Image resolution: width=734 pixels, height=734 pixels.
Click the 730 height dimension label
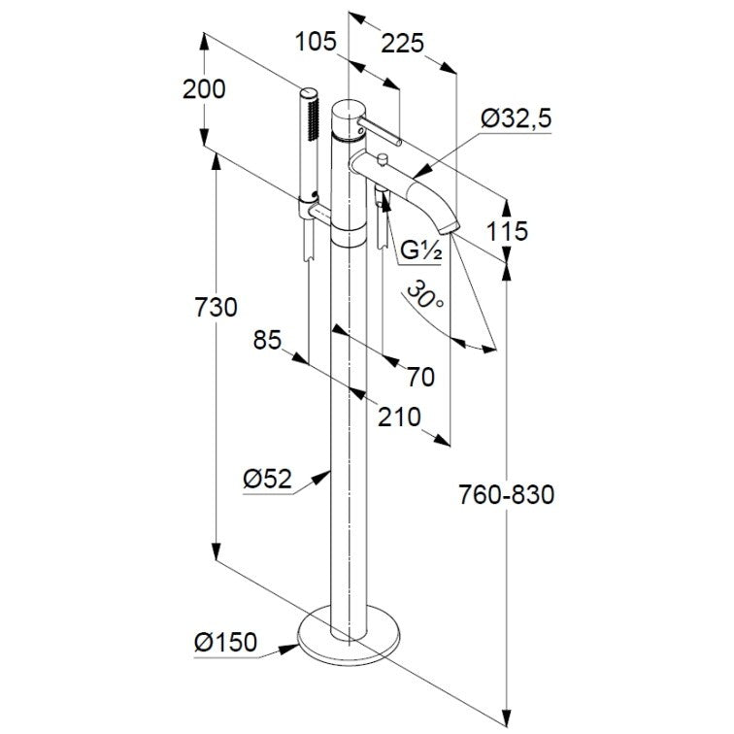coord(216,308)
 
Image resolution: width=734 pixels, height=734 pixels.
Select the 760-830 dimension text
coord(506,494)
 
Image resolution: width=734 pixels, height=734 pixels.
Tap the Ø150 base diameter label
coord(225,642)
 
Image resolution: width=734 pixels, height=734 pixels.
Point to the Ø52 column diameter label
coord(267,479)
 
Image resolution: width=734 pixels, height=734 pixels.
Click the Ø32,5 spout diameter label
coord(517,118)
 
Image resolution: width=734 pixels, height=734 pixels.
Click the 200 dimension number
coord(204,89)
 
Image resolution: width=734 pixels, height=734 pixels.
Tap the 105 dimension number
coord(316,42)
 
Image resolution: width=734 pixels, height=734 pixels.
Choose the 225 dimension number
coord(402,44)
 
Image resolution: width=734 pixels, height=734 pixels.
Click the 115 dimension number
coord(507,231)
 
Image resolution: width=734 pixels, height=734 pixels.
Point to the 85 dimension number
coord(267,341)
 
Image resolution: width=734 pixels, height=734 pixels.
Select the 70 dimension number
coord(420,378)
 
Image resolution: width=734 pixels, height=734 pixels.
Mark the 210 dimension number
coord(399,417)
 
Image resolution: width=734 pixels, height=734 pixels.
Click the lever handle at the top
coord(379,131)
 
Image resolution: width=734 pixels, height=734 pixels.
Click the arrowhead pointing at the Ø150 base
coord(288,650)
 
